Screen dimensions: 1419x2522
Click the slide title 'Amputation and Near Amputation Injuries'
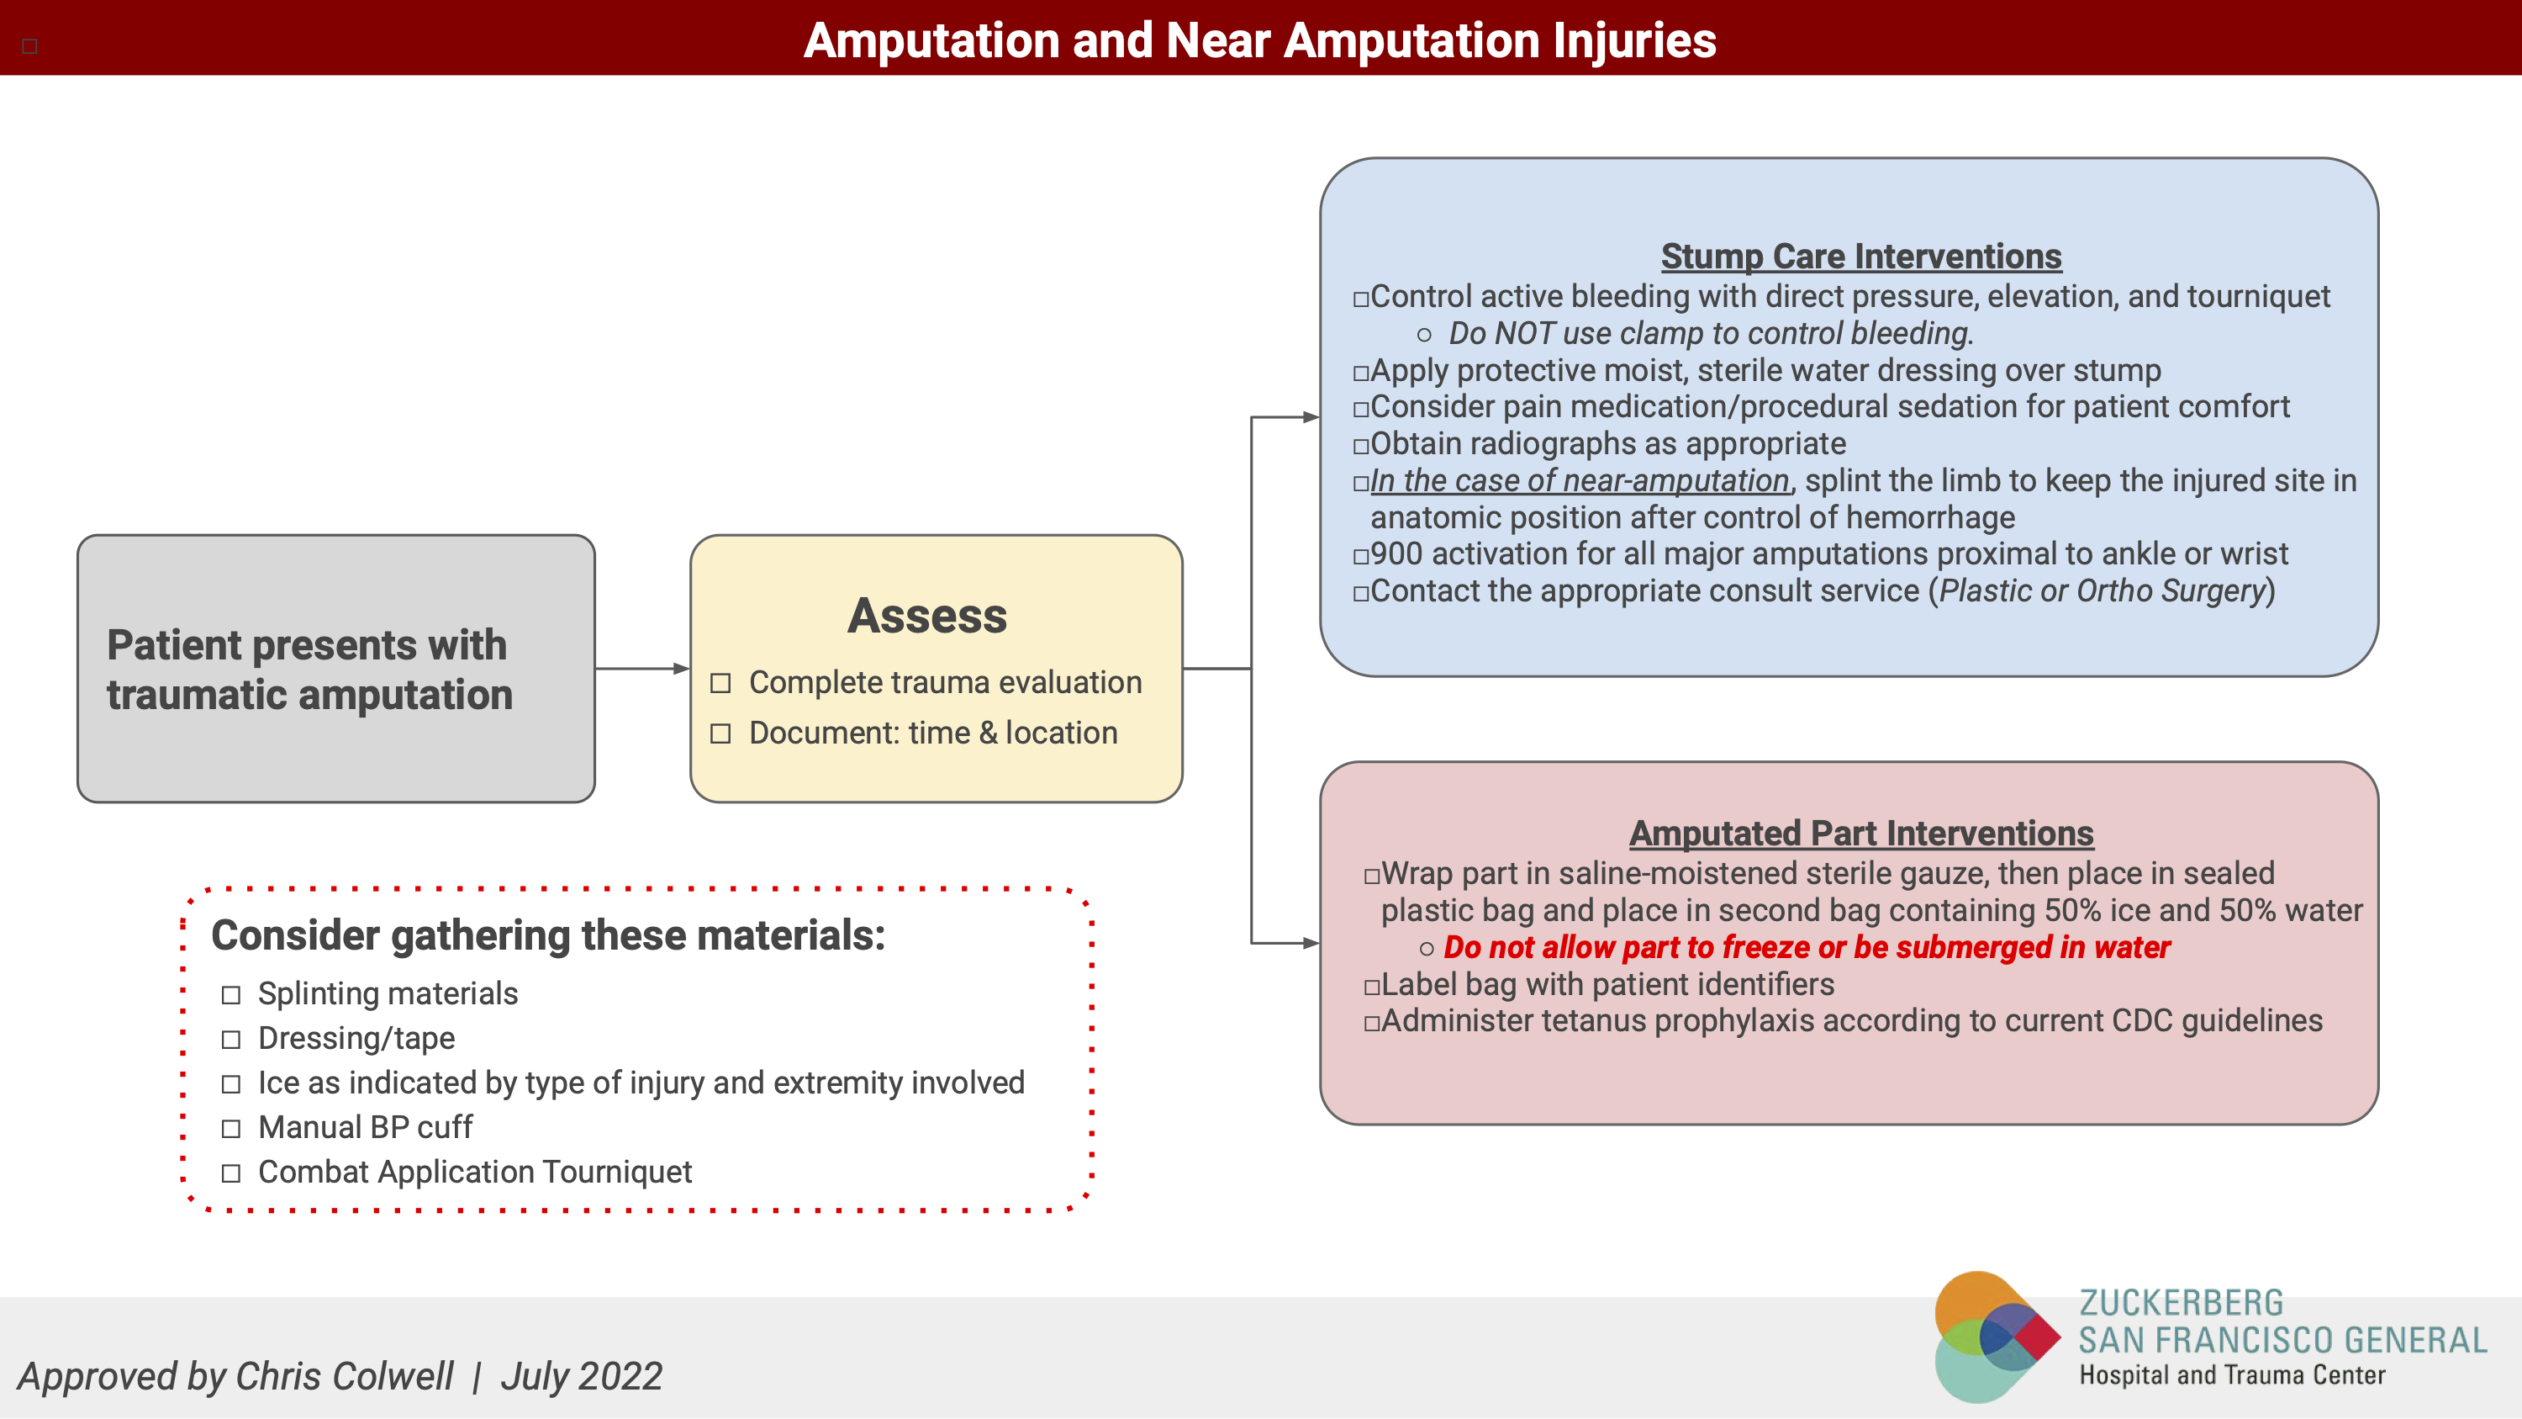tap(1259, 41)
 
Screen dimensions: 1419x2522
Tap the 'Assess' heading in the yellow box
tap(926, 616)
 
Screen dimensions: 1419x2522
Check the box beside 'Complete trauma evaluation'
tap(720, 682)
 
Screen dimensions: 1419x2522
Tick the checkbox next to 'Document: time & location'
tap(720, 733)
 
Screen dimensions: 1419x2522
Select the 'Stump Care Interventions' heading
tap(1860, 257)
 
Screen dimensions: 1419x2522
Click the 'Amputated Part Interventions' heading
tap(1860, 834)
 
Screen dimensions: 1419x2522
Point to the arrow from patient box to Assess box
tap(642, 669)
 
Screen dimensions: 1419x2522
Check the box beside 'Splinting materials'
tap(231, 995)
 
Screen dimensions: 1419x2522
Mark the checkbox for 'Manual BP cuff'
tap(231, 1128)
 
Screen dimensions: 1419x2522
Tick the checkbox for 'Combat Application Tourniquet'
tap(231, 1173)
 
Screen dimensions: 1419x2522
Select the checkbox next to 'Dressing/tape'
tap(231, 1039)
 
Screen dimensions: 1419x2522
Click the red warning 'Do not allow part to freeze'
tap(1807, 947)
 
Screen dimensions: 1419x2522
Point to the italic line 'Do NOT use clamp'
tap(1711, 334)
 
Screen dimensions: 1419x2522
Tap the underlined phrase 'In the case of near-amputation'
tap(1578, 481)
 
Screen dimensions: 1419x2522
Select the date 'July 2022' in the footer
tap(582, 1376)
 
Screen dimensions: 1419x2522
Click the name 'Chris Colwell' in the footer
tap(344, 1376)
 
